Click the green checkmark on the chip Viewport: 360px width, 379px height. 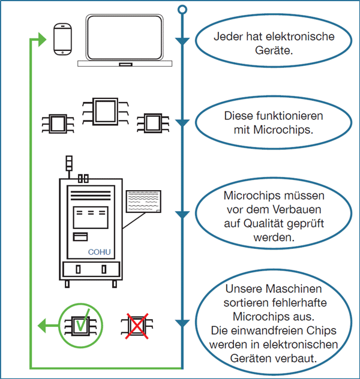(81, 322)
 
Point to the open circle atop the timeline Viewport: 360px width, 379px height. (183, 10)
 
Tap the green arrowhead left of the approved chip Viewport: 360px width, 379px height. (43, 326)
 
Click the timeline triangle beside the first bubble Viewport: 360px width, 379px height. (183, 41)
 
